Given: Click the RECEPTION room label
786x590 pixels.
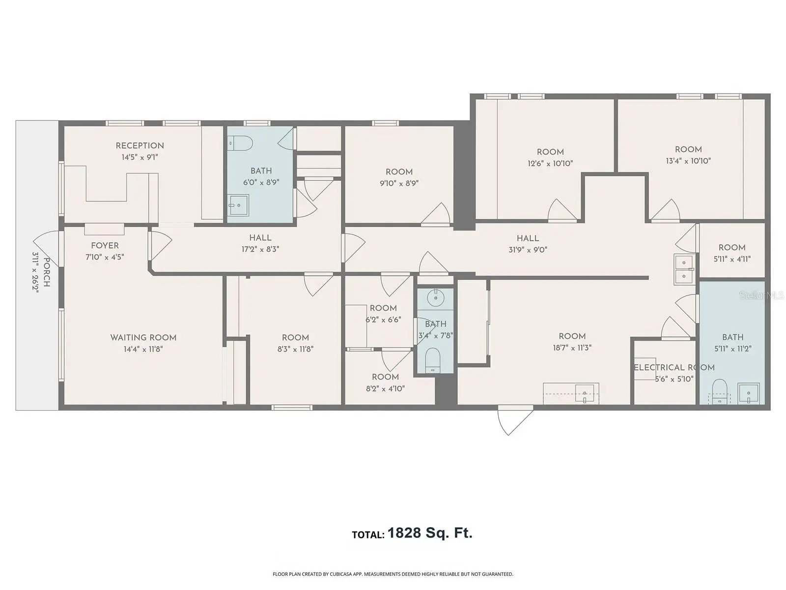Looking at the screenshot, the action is tap(140, 146).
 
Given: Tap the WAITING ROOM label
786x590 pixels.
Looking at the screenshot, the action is tap(143, 337).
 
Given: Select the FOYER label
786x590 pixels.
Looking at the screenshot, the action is tap(105, 246).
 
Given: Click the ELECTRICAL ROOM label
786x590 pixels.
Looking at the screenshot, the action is tap(674, 368).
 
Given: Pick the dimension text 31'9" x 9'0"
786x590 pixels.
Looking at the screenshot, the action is tap(528, 250).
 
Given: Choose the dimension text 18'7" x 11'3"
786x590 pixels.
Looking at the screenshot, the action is tap(572, 348).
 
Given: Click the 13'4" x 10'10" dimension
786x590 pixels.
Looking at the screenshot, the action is tap(688, 161).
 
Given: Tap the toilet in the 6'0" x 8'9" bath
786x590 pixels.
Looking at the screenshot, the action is tap(241, 143).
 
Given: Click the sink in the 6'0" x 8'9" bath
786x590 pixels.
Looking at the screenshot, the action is tap(239, 205).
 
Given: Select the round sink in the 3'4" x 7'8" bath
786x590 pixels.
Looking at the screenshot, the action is tap(435, 297).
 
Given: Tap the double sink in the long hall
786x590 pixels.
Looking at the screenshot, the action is tap(684, 269).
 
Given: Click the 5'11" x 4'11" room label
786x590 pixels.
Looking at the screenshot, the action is tap(732, 253).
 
